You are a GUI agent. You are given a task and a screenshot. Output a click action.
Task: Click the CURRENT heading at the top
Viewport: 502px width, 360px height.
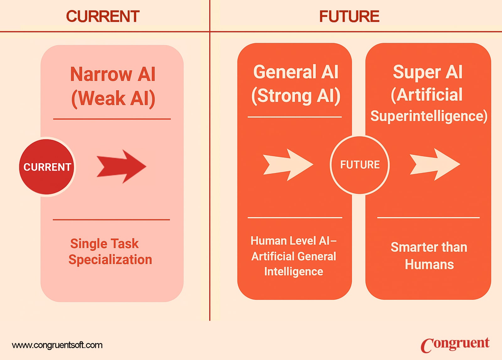(x=103, y=16)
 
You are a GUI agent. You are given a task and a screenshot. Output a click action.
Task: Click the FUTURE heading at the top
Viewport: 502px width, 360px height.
(x=349, y=16)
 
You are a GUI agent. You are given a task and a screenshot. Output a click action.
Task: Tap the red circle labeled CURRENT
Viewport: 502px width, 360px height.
(x=47, y=167)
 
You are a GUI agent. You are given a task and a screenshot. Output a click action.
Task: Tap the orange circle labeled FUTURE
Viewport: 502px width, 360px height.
(x=360, y=165)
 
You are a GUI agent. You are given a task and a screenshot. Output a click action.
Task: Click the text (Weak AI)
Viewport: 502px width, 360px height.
(x=113, y=98)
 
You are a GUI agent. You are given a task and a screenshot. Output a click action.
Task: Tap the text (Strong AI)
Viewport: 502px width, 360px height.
(x=296, y=96)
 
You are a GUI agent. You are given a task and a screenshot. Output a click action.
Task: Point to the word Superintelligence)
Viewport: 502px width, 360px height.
(x=429, y=116)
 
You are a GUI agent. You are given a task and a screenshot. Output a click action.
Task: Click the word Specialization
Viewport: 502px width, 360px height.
(x=110, y=260)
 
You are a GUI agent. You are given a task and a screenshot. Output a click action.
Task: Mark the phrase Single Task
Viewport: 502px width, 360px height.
(x=104, y=244)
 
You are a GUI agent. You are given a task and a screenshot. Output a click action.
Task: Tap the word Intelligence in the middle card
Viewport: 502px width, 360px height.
(x=294, y=272)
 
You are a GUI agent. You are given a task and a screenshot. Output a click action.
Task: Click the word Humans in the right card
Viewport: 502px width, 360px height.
(x=429, y=264)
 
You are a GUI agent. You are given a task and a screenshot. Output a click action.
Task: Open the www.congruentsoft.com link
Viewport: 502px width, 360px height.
(x=57, y=345)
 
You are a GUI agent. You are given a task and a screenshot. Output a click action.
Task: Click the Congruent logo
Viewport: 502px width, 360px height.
(x=455, y=344)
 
